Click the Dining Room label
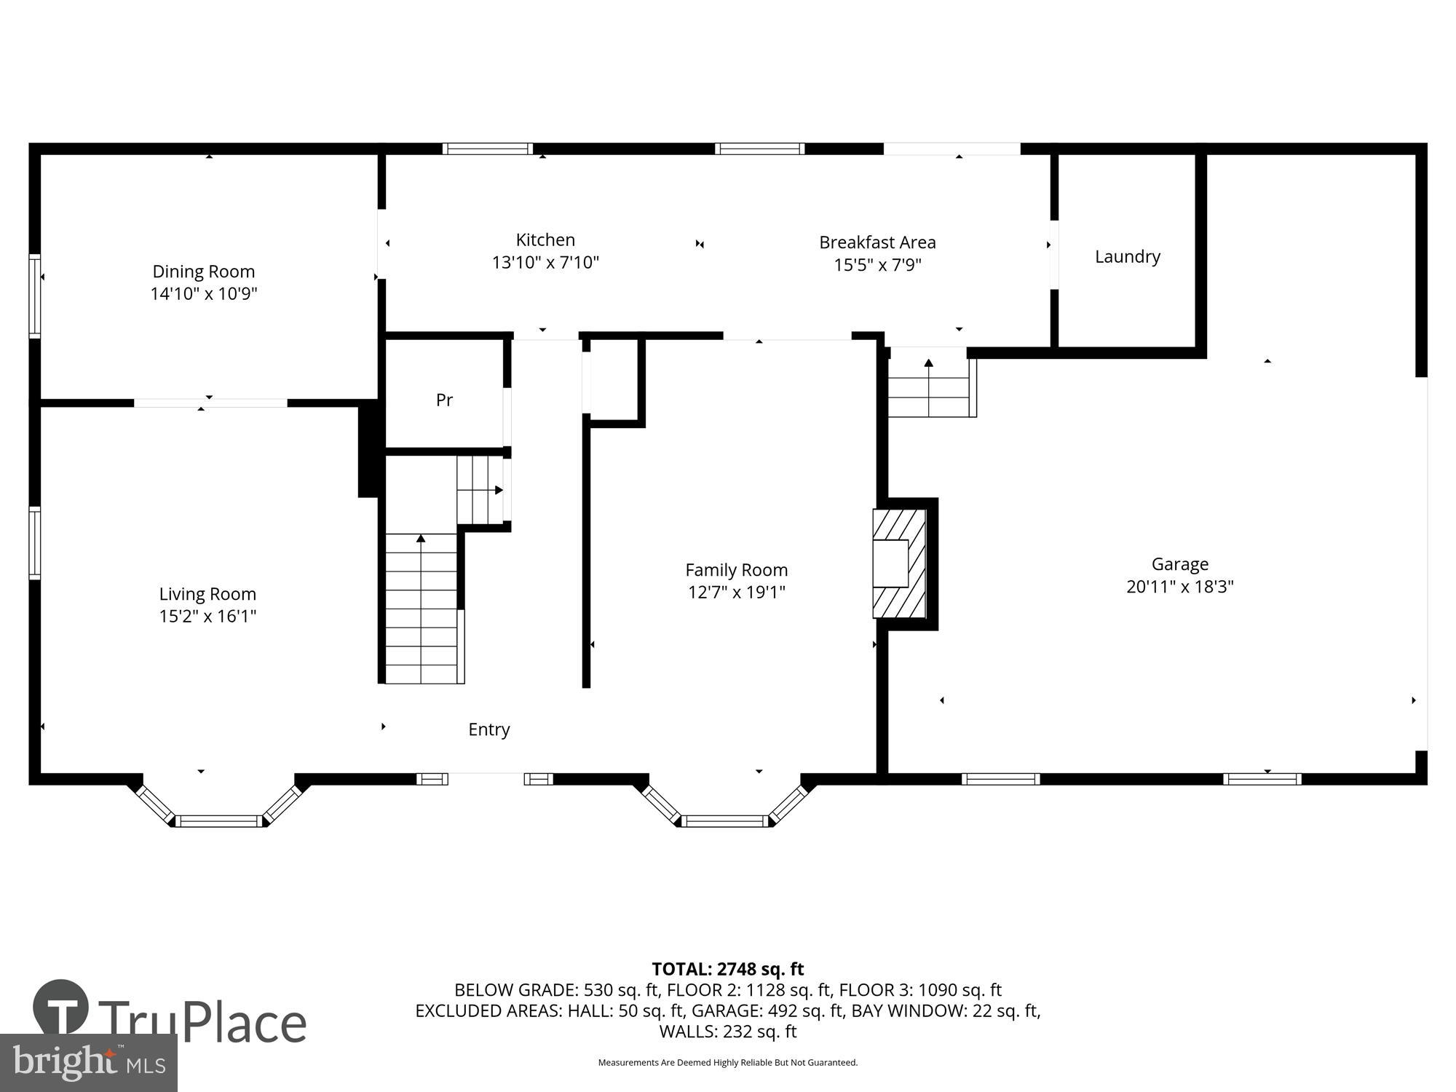click(x=203, y=272)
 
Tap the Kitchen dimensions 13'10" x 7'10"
click(x=545, y=263)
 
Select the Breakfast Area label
click(x=877, y=242)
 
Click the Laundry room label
click(x=1127, y=256)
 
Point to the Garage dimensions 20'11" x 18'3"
click(x=1179, y=587)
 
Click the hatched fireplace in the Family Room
click(x=900, y=563)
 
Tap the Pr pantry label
click(x=444, y=400)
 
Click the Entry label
click(x=488, y=729)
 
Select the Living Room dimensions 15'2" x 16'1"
click(x=207, y=617)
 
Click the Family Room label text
click(x=736, y=570)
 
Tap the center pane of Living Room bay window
click(x=218, y=821)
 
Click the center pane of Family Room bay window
click(x=724, y=821)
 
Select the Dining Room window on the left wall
click(x=34, y=296)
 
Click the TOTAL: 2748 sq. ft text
click(x=727, y=969)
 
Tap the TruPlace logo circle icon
click(x=61, y=1008)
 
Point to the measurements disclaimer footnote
click(x=727, y=1063)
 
